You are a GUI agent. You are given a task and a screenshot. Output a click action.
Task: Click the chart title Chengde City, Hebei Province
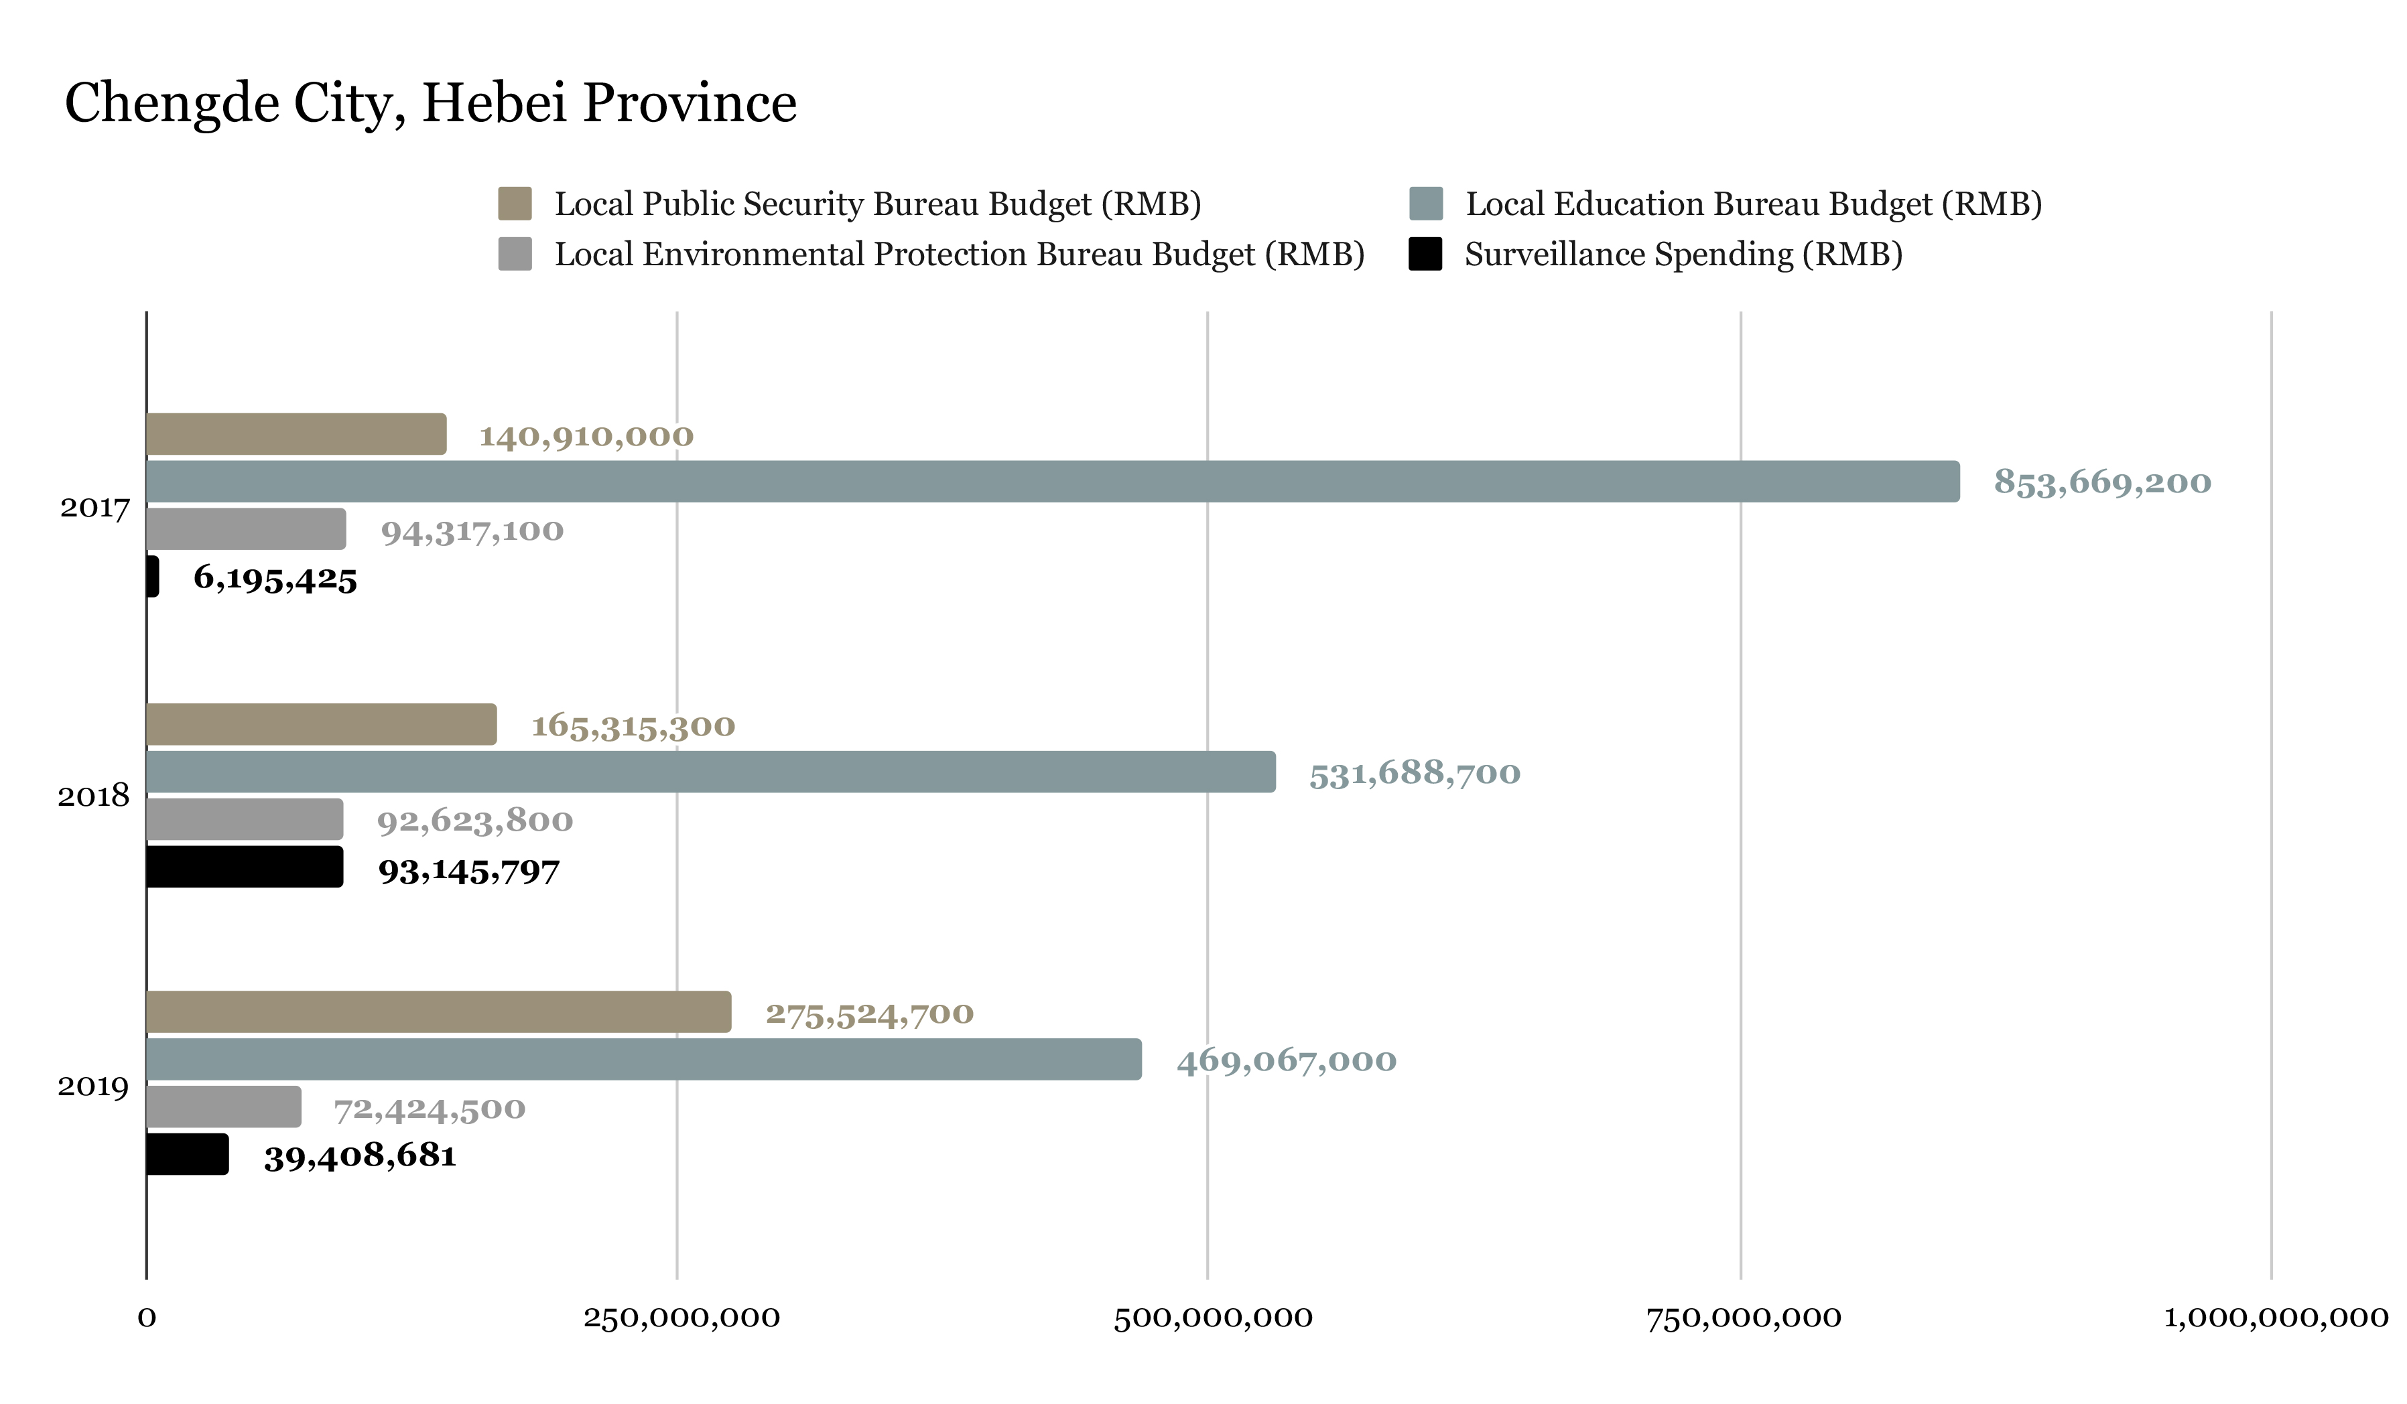tap(430, 103)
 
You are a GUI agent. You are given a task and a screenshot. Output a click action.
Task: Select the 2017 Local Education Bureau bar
tap(1051, 482)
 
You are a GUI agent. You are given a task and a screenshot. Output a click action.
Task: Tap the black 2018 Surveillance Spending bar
tap(245, 866)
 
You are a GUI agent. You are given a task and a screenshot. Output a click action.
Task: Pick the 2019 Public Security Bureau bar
tap(438, 1012)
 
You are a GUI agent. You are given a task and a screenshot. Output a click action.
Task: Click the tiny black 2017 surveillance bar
tap(153, 577)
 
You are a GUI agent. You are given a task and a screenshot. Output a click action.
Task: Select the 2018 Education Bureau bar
tap(710, 772)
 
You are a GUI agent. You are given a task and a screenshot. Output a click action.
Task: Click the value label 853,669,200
tap(2101, 482)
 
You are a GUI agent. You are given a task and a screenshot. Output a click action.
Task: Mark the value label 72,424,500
tap(429, 1109)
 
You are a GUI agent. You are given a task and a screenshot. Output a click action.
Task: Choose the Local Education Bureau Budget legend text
tap(1753, 204)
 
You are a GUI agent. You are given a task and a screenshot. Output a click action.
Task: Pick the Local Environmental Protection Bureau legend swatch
tap(515, 254)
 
